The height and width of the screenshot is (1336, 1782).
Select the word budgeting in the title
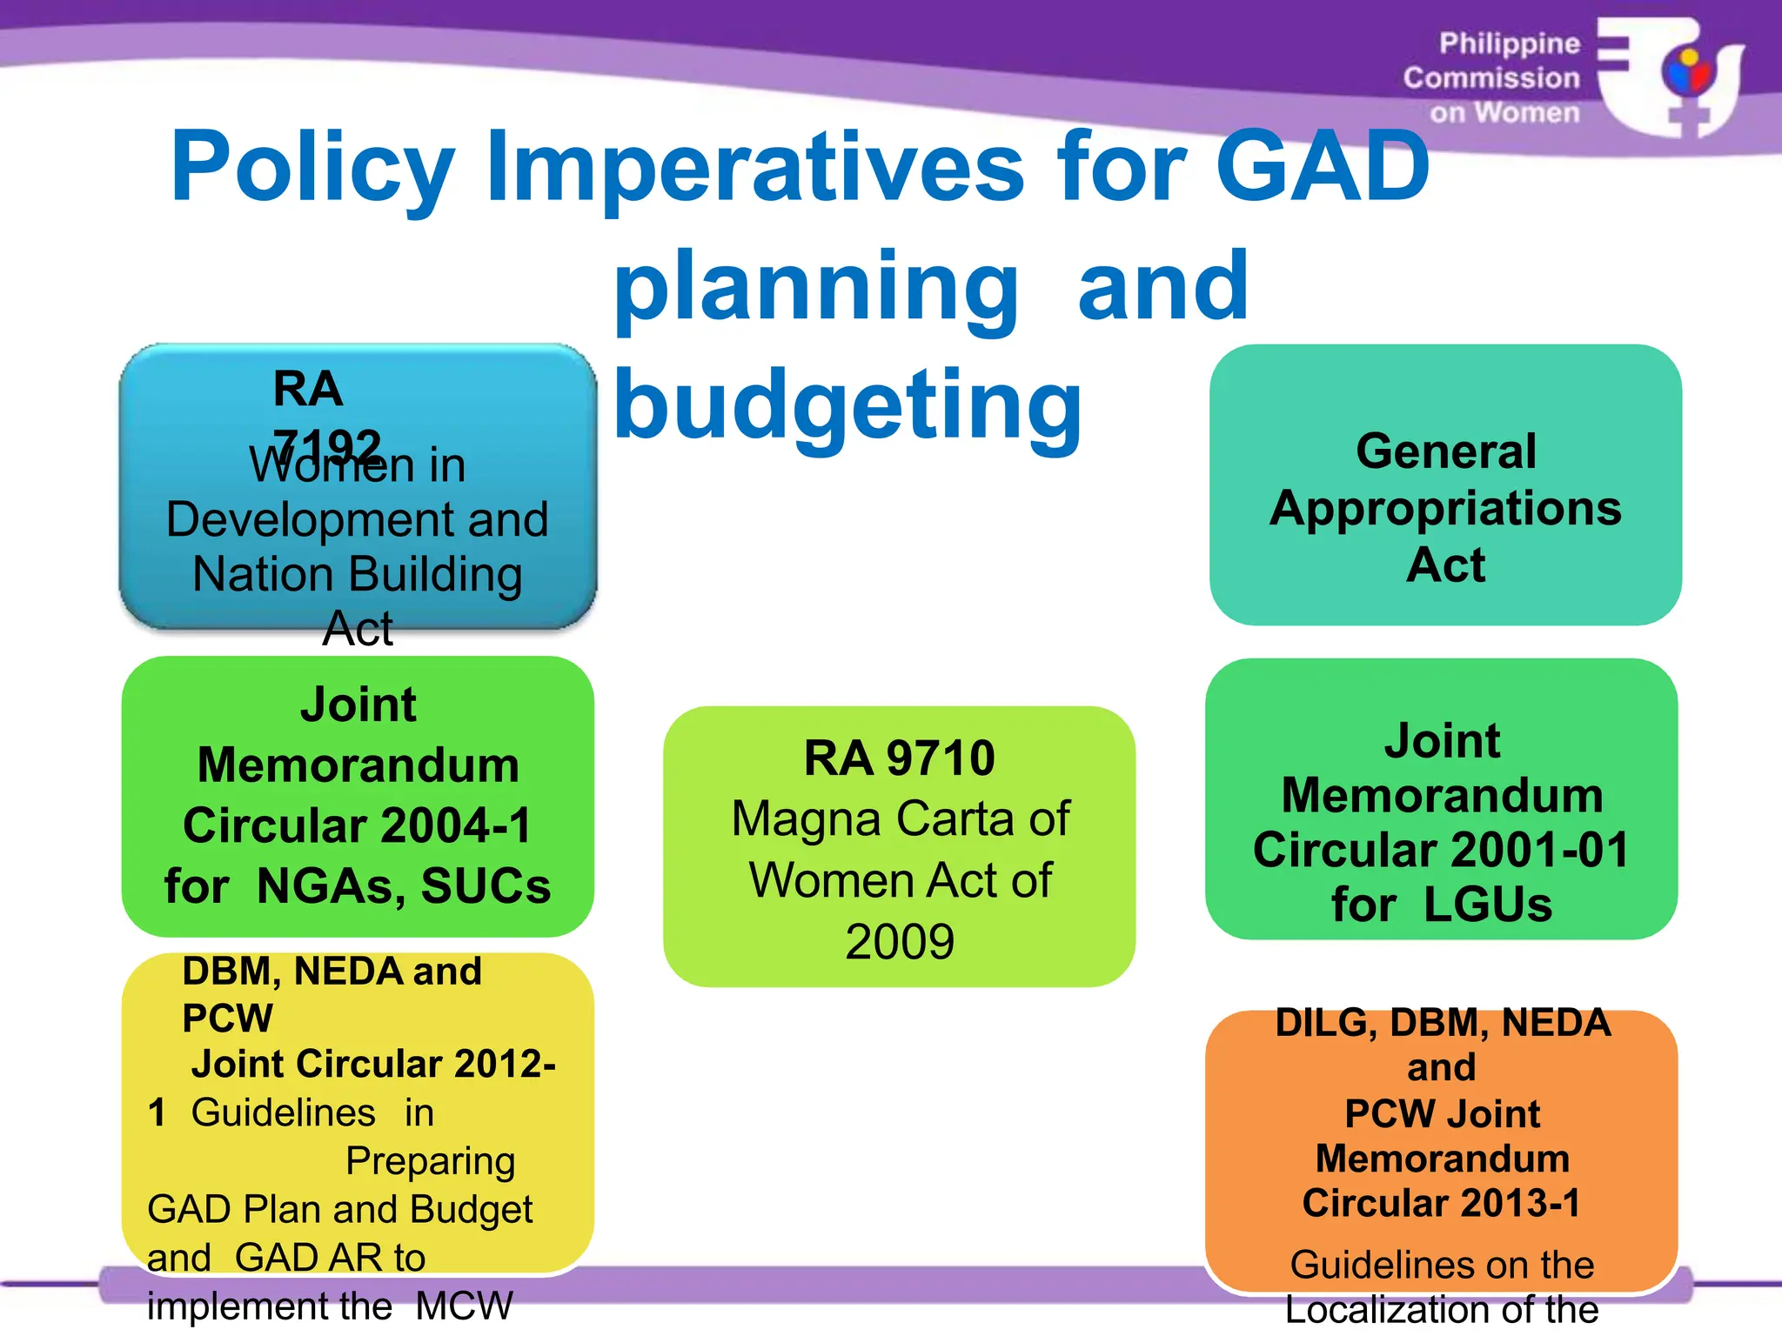pos(847,405)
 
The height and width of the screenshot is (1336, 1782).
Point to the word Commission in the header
pos(1491,78)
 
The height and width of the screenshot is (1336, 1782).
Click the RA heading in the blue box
pos(308,389)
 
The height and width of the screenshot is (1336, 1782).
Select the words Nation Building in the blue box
pos(357,575)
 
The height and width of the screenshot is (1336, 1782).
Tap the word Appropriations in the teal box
pos(1444,508)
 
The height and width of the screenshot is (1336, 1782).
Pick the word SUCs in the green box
pos(486,886)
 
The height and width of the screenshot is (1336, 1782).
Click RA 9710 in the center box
pos(899,758)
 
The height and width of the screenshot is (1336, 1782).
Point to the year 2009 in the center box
pos(899,942)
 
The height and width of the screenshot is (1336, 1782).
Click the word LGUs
pos(1488,905)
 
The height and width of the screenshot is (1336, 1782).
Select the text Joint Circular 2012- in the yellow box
pos(373,1064)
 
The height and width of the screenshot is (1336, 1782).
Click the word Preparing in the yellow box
pos(430,1161)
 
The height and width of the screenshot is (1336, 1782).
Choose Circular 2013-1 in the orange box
pos(1441,1204)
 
